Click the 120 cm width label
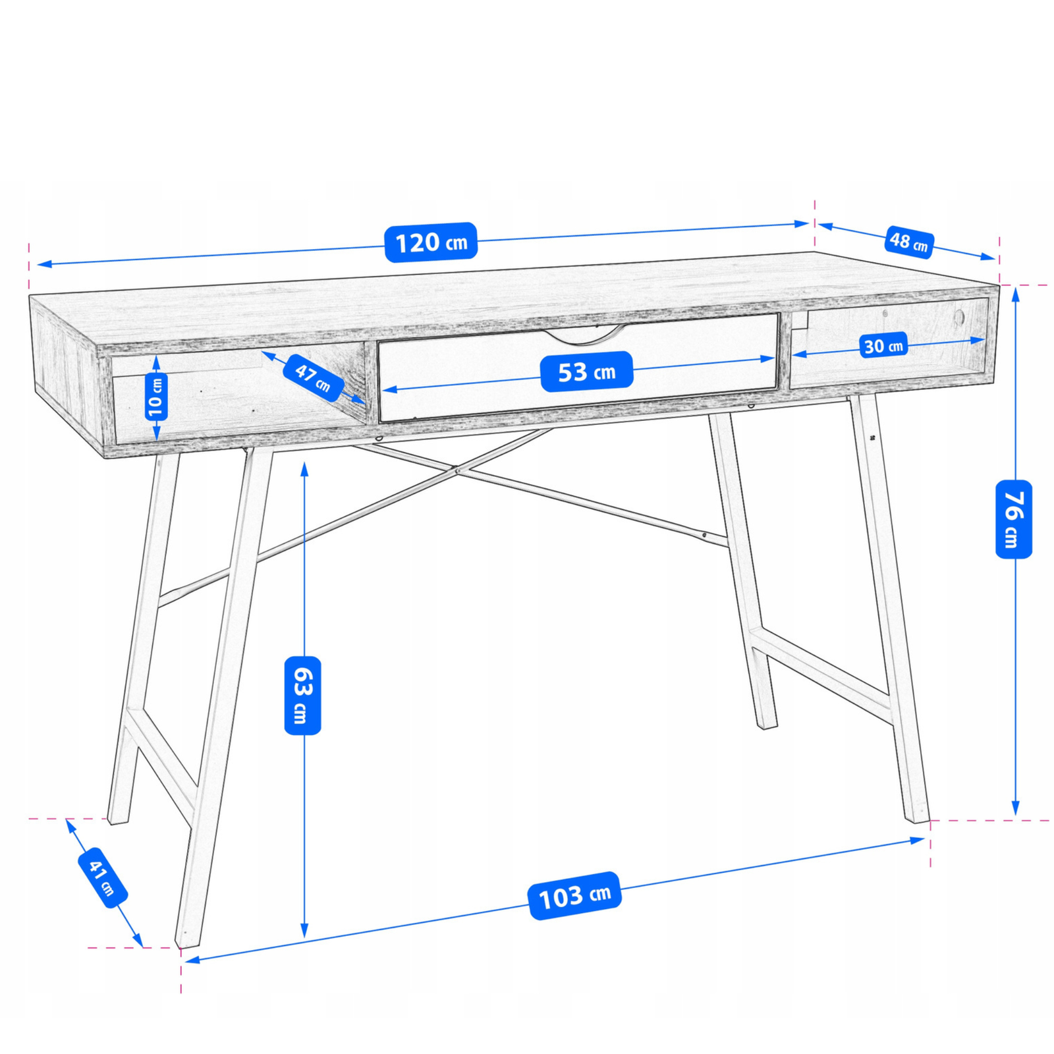coord(431,242)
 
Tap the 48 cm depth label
coord(909,242)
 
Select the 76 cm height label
coord(1014,519)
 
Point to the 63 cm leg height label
coord(303,695)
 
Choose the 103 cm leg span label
coord(575,895)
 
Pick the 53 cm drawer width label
coord(586,372)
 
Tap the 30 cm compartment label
coord(883,345)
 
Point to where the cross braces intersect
coord(456,470)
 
